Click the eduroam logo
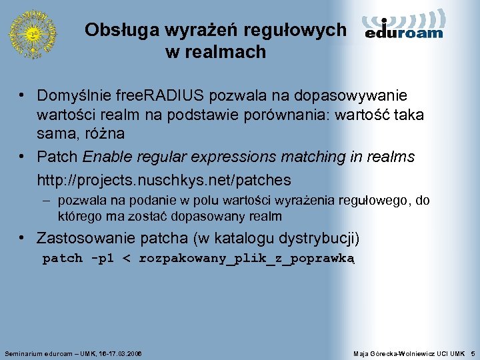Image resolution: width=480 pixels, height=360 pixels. [x=404, y=26]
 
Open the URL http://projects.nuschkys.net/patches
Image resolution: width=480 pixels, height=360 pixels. [x=164, y=180]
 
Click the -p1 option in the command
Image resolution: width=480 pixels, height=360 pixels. [x=102, y=259]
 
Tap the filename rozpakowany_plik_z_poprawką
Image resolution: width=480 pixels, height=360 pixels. [x=247, y=259]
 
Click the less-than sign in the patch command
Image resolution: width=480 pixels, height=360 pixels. [x=127, y=259]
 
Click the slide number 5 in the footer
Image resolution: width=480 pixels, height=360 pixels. [x=472, y=352]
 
